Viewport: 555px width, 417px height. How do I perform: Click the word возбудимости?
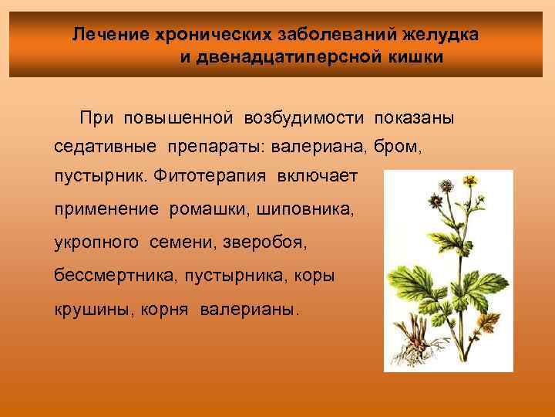[x=306, y=117]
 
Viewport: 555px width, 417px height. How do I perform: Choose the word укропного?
[x=96, y=242]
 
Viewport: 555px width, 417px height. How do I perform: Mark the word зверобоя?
[x=264, y=242]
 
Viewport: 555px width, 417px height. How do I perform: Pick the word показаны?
[x=414, y=117]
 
